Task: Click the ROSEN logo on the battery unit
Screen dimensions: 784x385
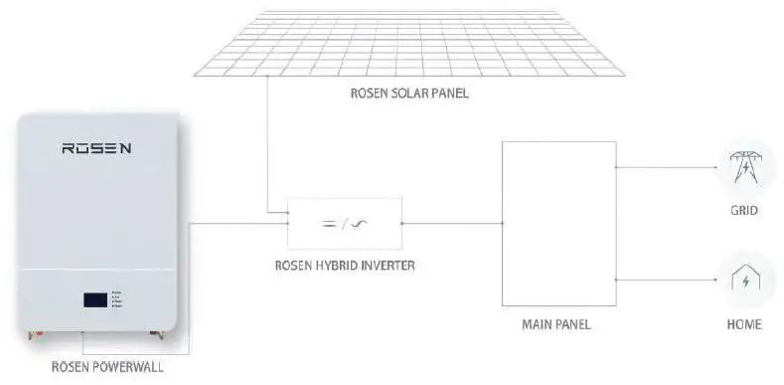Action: [97, 149]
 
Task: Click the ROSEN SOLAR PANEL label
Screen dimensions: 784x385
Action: [408, 95]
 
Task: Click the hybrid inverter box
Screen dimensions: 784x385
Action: [344, 223]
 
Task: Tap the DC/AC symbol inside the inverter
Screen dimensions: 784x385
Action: [344, 223]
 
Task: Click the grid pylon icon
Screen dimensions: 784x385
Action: [744, 167]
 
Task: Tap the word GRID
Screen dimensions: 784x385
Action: [744, 211]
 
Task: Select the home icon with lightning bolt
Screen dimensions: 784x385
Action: [744, 281]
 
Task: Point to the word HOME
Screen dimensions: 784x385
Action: [744, 325]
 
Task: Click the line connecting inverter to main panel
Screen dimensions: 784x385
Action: [452, 223]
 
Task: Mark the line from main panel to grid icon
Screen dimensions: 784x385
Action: [666, 167]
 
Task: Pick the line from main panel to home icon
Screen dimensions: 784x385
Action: [666, 281]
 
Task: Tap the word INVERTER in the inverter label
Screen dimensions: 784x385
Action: [383, 266]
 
